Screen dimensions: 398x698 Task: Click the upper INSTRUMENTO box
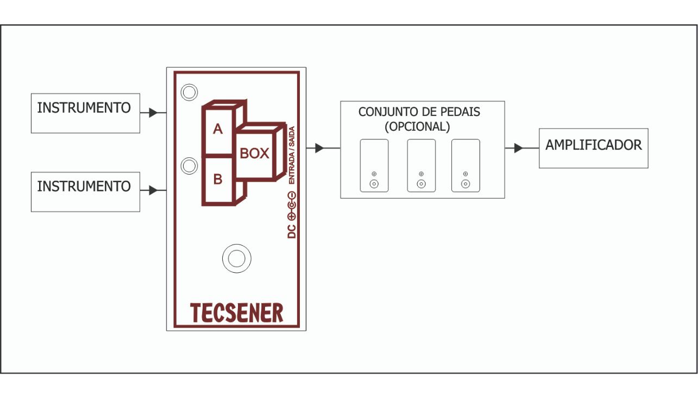point(85,113)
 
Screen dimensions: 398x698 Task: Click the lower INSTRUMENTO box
point(85,192)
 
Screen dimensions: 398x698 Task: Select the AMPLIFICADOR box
point(593,148)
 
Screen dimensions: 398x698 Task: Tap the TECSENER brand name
point(237,313)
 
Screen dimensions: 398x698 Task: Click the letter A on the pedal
point(218,130)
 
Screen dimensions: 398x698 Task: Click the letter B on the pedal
point(218,179)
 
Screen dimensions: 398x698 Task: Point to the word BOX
point(254,153)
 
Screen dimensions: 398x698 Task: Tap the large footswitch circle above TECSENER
point(236,259)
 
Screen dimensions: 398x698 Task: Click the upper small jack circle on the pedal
point(189,93)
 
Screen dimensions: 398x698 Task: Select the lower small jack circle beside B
point(189,166)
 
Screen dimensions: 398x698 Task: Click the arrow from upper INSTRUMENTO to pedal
point(153,113)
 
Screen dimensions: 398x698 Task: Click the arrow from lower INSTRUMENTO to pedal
point(153,190)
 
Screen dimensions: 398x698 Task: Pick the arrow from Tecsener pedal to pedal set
point(319,147)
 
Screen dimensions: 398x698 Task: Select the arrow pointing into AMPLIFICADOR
point(518,148)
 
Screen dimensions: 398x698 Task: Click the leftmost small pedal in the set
point(374,165)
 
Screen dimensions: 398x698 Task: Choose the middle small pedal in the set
point(422,165)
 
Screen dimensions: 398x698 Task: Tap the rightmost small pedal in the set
point(466,165)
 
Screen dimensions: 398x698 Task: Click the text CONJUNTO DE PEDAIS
point(419,112)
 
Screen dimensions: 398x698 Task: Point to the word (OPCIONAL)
point(417,126)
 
